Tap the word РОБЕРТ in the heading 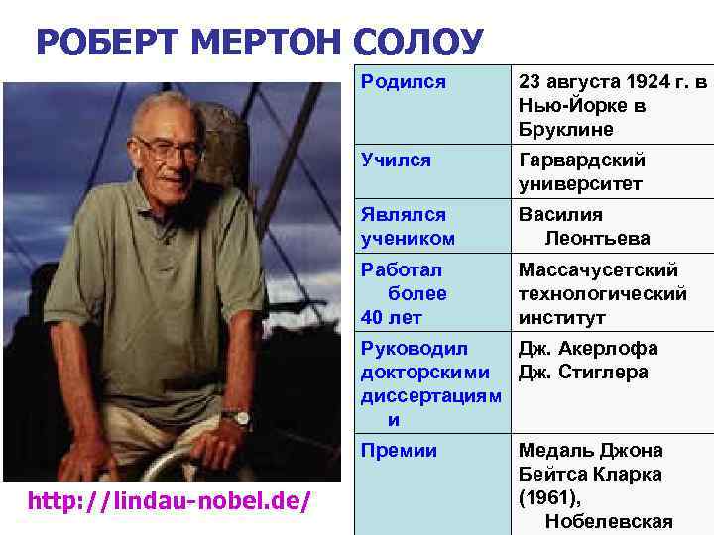[x=106, y=43]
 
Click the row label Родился [x=403, y=82]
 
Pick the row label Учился [x=397, y=160]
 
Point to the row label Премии [x=399, y=451]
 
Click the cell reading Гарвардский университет [x=582, y=172]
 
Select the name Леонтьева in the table [x=598, y=239]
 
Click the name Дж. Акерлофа [x=589, y=349]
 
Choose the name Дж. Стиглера [x=583, y=373]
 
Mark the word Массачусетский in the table [x=599, y=269]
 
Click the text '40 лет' [x=392, y=318]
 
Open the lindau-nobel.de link [x=170, y=502]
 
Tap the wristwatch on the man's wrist [x=236, y=418]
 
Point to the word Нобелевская [x=609, y=522]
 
